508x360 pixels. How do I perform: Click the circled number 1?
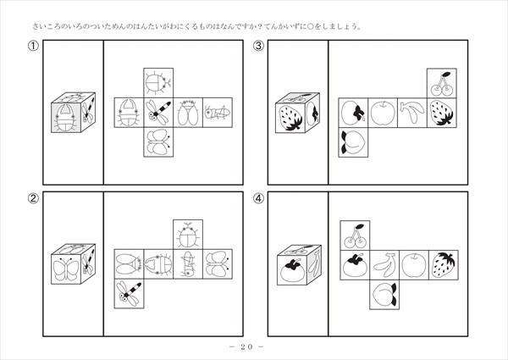33,46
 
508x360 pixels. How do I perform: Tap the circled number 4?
258,198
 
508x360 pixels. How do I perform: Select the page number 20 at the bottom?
246,346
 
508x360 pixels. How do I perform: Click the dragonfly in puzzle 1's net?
158,113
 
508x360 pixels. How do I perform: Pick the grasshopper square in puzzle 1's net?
218,113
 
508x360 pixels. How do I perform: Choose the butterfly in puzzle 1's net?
158,142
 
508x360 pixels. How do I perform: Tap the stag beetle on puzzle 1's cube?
66,118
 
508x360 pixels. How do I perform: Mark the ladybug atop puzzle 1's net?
158,83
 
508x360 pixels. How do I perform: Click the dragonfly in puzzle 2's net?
129,294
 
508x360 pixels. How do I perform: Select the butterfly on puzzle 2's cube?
66,269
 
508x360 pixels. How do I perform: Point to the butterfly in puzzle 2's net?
218,263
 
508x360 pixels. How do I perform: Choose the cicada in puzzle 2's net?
129,263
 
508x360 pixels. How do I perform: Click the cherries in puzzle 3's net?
442,84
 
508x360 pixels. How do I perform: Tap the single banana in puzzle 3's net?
411,112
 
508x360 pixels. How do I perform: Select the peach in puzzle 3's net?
353,142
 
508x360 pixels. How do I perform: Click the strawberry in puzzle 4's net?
444,264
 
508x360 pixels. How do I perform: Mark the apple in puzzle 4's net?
414,265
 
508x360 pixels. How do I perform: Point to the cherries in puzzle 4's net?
355,235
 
